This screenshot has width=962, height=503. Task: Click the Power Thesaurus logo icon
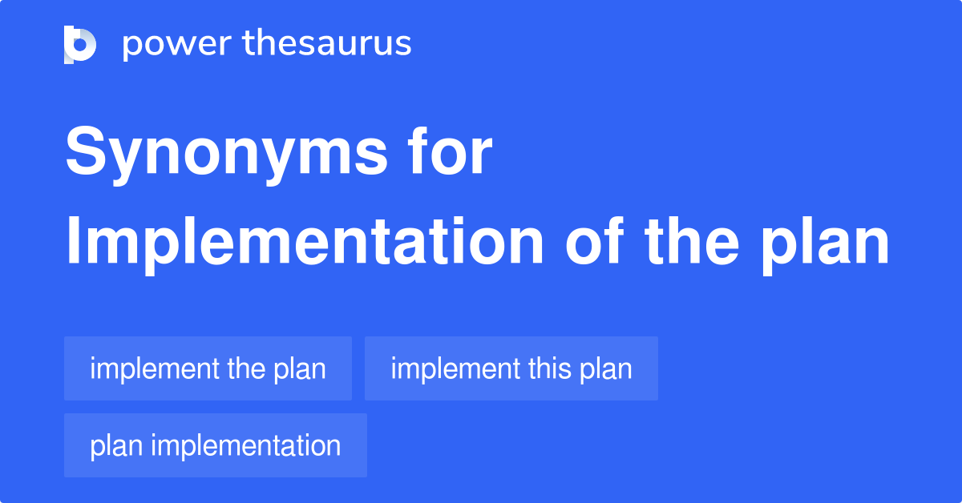[80, 44]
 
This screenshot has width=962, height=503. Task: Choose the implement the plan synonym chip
[208, 368]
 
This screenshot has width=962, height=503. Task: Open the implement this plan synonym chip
[511, 368]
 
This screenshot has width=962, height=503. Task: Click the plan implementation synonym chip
[215, 445]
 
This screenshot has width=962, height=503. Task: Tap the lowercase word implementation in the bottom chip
[246, 445]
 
